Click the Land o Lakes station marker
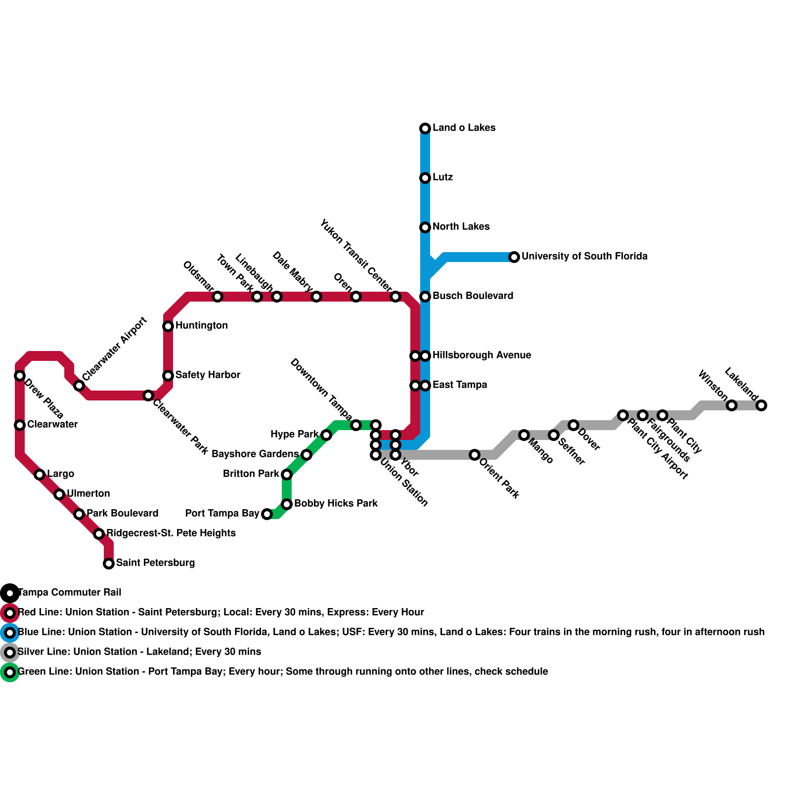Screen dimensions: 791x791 425,129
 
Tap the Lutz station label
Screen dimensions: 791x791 442,177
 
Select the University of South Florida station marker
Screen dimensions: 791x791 514,257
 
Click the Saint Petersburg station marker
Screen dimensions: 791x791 109,563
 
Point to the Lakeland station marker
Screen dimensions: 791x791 761,405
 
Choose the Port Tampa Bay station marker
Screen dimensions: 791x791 267,514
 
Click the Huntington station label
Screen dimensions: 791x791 201,325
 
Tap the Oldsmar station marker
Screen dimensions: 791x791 218,297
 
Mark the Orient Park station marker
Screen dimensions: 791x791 475,455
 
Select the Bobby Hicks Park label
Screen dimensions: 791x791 336,503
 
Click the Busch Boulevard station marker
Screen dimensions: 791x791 425,297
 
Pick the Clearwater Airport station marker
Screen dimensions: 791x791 79,386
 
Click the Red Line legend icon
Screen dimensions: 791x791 10,613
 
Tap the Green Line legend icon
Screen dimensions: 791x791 10,672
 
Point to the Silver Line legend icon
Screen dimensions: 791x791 10,653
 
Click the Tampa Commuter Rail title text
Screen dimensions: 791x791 70,592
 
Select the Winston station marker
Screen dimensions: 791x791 732,405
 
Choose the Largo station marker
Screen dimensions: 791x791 40,475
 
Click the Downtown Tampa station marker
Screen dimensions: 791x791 356,425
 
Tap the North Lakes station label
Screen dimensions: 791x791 461,226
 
